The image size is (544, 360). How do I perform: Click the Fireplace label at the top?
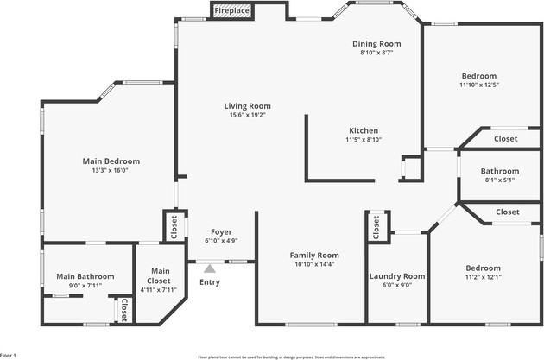232,11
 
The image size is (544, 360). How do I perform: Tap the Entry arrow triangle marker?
209,269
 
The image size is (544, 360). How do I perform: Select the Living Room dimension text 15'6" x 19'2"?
248,114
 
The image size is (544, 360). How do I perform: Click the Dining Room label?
376,43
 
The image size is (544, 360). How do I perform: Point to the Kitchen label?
364,130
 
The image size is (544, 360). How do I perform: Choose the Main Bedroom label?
111,161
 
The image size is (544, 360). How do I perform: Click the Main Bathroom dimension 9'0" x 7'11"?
79,286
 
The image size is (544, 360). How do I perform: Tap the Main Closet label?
159,275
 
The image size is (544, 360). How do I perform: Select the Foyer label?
220,232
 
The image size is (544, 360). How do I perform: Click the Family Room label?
289,255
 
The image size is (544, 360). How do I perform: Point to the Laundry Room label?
397,276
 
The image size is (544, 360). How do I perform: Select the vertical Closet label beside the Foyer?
174,226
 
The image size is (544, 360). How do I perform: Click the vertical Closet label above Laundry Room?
376,226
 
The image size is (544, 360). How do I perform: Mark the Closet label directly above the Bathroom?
505,138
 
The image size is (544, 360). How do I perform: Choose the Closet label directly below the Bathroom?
507,212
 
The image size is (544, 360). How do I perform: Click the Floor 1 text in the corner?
9,355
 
